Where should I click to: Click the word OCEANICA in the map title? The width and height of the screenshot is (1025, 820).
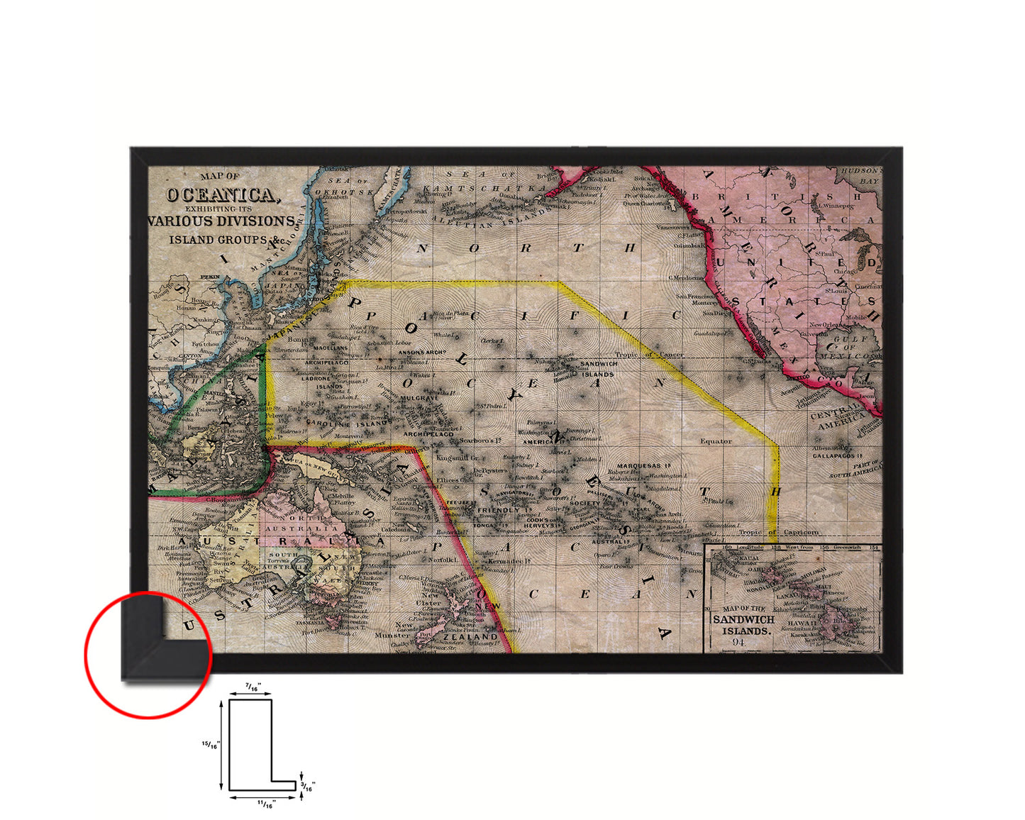219,194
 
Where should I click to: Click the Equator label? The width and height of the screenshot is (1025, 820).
716,441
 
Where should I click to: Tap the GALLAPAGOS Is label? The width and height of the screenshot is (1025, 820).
838,455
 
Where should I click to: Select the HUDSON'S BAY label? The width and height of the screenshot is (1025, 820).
860,176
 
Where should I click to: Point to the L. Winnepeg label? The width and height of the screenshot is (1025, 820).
836,205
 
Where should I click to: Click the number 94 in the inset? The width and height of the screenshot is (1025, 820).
738,642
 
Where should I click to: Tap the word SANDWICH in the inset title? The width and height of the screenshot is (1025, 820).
743,619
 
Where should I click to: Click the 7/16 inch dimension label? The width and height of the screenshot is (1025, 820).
251,687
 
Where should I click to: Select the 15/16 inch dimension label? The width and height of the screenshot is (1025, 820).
211,745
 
